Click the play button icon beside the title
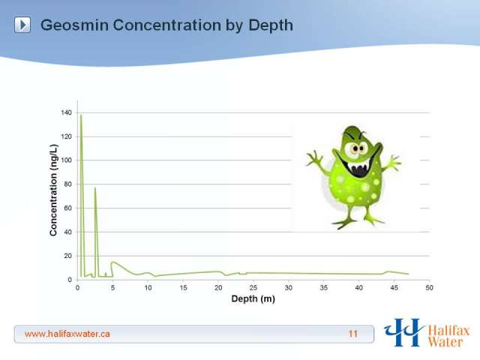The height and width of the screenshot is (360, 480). (22, 25)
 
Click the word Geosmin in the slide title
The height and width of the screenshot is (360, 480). (74, 25)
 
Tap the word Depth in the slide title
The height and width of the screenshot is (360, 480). (271, 25)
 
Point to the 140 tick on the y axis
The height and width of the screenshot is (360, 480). (66, 112)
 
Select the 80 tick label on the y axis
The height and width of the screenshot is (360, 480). (67, 184)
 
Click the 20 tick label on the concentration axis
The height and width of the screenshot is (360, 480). (67, 256)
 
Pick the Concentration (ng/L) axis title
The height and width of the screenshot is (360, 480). (53, 190)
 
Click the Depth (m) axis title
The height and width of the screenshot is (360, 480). (253, 298)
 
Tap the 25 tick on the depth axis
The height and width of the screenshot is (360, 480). (253, 288)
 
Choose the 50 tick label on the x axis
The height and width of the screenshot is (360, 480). (429, 288)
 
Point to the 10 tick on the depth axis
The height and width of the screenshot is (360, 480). (148, 288)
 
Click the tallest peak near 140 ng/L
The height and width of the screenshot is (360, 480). (81, 115)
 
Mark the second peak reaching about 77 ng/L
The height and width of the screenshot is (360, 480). (95, 188)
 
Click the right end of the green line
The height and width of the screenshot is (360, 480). (408, 274)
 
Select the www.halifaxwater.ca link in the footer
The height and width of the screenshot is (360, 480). (67, 334)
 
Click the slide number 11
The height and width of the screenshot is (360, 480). (353, 334)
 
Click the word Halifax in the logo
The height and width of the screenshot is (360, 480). (448, 331)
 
